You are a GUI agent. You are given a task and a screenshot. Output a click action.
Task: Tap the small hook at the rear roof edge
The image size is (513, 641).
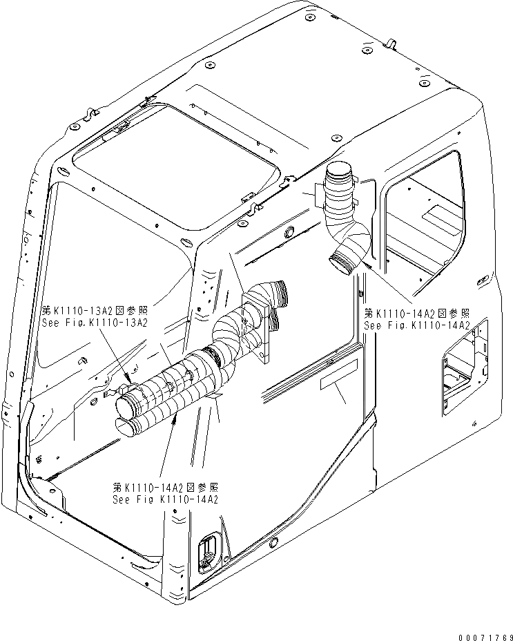391,46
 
